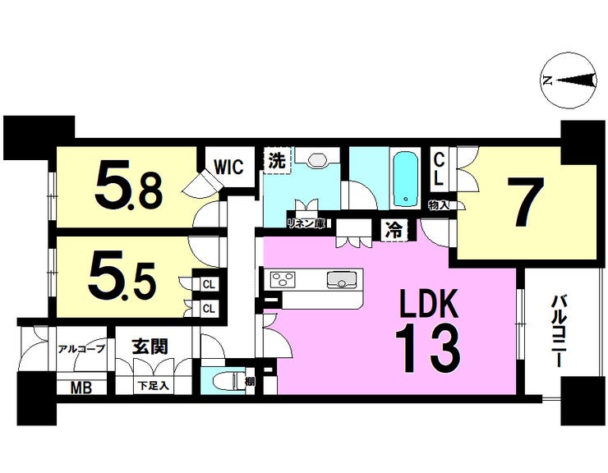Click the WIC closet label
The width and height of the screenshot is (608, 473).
[x=228, y=167]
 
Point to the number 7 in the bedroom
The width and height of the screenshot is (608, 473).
[x=525, y=202]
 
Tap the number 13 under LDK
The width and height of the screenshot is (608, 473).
[x=428, y=348]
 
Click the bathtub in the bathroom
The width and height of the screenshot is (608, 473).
[x=406, y=180]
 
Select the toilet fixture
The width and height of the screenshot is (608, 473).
[x=228, y=381]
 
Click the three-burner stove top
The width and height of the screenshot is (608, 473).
[x=283, y=280]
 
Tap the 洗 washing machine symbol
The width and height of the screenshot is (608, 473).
[x=277, y=160]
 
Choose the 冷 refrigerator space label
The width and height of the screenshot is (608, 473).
[x=394, y=231]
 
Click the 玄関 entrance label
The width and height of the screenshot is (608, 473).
[x=150, y=347]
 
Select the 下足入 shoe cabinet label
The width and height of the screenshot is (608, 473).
[x=154, y=386]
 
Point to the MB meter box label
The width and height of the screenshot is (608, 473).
[x=81, y=387]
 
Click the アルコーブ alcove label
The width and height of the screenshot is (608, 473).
[x=81, y=349]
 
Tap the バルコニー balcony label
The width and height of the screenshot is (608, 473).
[x=559, y=331]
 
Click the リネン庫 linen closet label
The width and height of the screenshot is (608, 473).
[x=306, y=223]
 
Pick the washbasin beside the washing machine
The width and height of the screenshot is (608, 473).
[x=317, y=158]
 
